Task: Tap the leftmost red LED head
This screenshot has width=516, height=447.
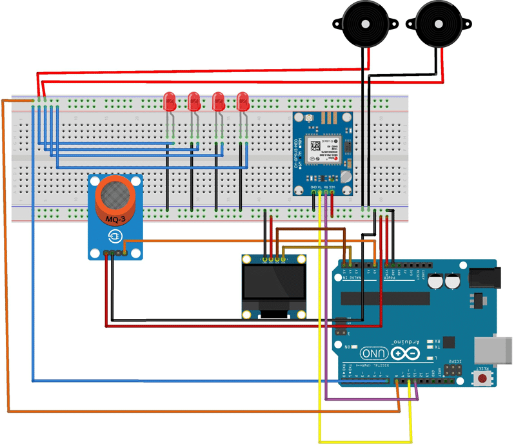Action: (x=170, y=100)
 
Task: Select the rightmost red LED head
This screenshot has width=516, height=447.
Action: (x=243, y=100)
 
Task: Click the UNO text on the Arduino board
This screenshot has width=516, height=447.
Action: (x=374, y=354)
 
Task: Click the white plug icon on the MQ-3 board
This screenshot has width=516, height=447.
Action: (x=114, y=237)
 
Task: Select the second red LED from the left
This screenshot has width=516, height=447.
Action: (x=194, y=100)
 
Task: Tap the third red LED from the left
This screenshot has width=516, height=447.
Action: (x=219, y=100)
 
